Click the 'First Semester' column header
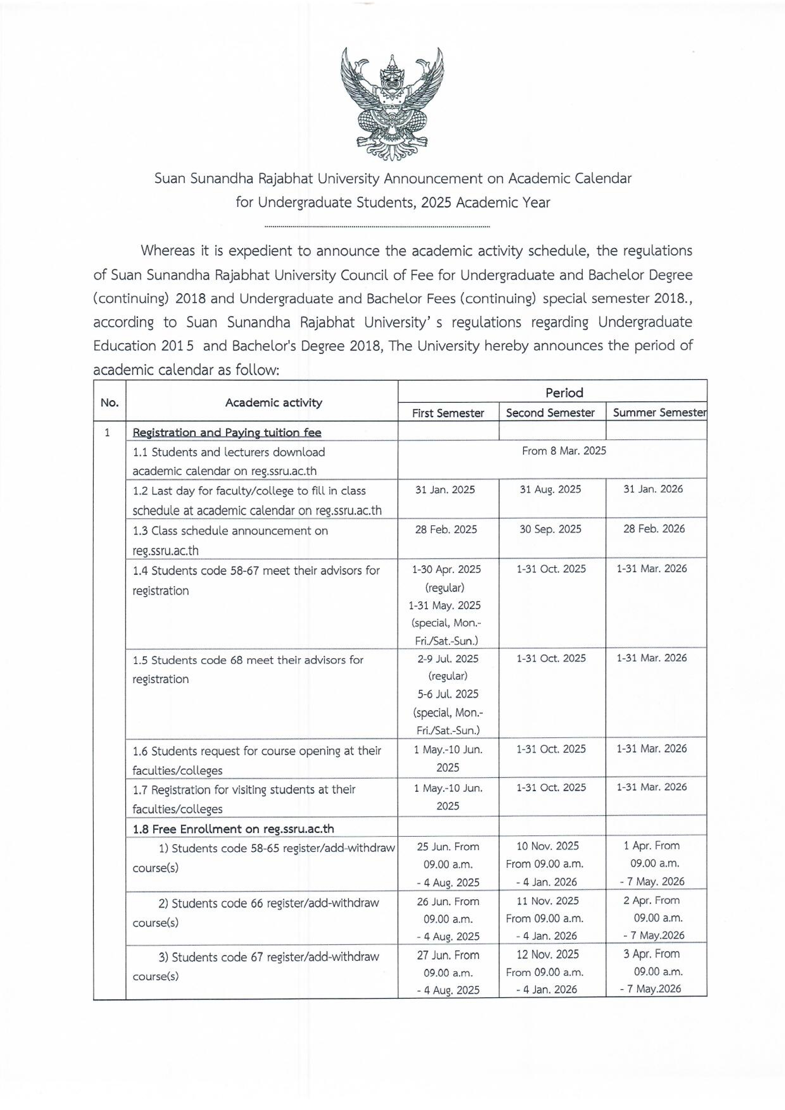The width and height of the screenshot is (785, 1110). [x=448, y=413]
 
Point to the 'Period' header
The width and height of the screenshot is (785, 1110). [x=564, y=393]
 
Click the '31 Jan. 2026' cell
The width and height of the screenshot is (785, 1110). [x=653, y=489]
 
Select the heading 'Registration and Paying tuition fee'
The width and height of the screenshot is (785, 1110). [x=227, y=432]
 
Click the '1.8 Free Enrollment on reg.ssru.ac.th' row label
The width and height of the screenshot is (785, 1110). [x=233, y=829]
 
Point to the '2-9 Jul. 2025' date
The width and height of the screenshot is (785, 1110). [x=448, y=659]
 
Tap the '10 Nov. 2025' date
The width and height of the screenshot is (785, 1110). [x=548, y=846]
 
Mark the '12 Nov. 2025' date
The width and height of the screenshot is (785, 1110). [x=548, y=954]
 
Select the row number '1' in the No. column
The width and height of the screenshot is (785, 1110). [x=107, y=432]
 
